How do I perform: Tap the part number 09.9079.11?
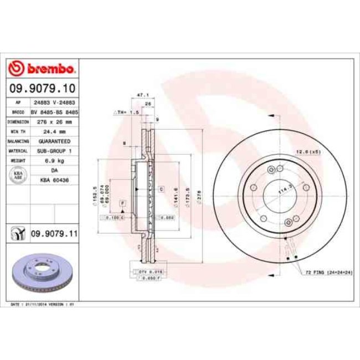(x=53, y=235)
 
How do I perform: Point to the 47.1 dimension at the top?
(x=141, y=96)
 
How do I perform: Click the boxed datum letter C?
(x=161, y=189)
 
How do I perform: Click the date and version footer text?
(x=43, y=305)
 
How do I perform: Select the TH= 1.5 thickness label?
(x=127, y=112)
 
